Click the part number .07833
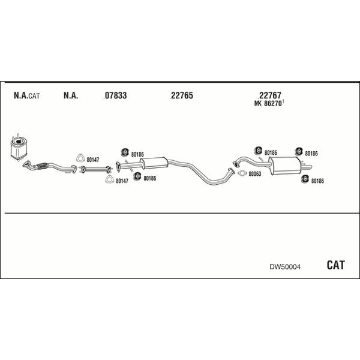[115, 95]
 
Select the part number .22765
[181, 95]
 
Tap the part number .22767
[270, 95]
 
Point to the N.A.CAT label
[26, 95]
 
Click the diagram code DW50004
[285, 267]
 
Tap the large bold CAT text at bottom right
[335, 265]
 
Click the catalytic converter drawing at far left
[19, 147]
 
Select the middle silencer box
[154, 163]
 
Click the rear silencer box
[284, 166]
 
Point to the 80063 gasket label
[255, 174]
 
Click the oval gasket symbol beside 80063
[242, 173]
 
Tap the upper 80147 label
[93, 160]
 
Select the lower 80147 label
[122, 181]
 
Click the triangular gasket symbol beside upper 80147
[80, 158]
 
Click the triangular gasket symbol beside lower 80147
[110, 179]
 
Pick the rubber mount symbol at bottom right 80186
[305, 179]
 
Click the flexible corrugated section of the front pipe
[41, 166]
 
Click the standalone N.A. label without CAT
[71, 95]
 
